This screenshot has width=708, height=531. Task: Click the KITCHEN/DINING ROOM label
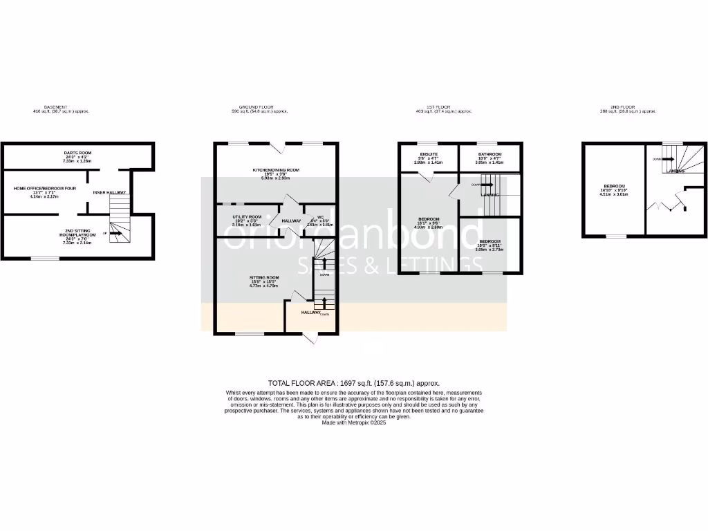(x=274, y=169)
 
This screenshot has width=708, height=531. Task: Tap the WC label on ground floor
(x=320, y=217)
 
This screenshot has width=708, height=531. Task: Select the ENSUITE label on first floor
(x=429, y=154)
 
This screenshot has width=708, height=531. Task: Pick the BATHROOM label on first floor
(x=490, y=154)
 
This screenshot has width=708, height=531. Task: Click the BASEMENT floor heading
(x=56, y=107)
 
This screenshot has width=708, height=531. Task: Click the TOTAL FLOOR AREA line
(x=353, y=382)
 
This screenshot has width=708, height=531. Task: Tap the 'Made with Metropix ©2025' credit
(x=353, y=422)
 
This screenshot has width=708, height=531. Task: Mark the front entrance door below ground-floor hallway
(x=310, y=338)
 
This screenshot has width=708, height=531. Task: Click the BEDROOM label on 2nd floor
(x=614, y=186)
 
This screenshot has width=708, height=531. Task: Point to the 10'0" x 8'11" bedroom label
(x=490, y=241)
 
